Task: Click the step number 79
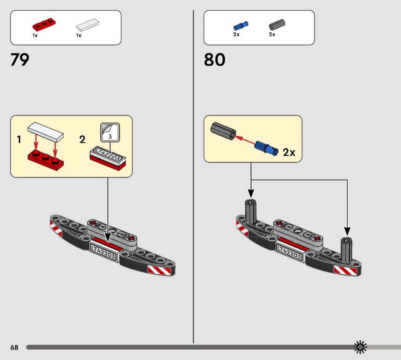coord(20,60)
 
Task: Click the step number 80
coord(214,60)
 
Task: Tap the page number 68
coord(14,347)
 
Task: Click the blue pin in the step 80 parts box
coord(241,26)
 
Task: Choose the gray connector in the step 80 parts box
coord(277,25)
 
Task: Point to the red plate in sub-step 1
coord(45,160)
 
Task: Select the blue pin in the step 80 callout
coord(266,148)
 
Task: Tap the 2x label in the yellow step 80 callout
coord(289,152)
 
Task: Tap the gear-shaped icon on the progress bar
coord(360,347)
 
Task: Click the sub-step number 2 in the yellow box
coord(82,139)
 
